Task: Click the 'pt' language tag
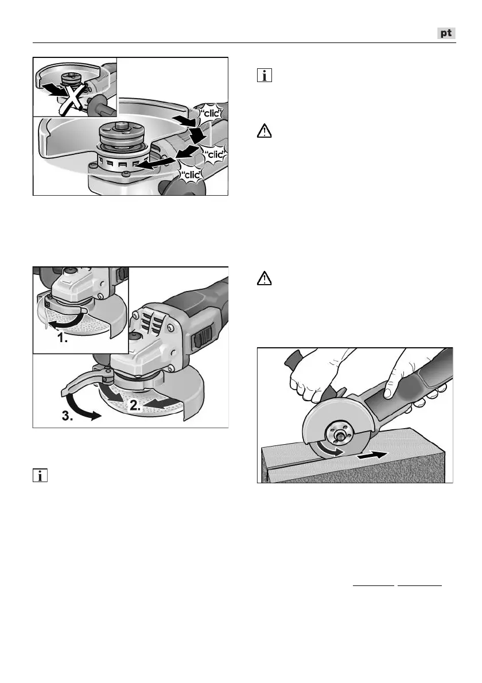[446, 33]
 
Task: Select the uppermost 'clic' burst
[210, 113]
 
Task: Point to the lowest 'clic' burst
[192, 175]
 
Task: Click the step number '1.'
[63, 337]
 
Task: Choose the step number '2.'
[135, 406]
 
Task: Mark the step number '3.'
[68, 416]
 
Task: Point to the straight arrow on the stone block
[371, 456]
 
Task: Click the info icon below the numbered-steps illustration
[40, 476]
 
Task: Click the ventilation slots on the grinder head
[150, 323]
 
